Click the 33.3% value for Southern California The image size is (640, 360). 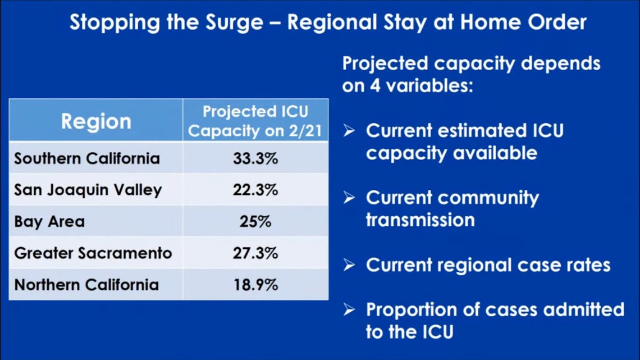pos(255,158)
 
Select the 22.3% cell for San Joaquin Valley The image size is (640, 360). pos(255,190)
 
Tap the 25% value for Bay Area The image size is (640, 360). pos(255,221)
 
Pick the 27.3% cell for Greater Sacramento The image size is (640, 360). pos(255,253)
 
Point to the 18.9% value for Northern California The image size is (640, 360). pos(255,285)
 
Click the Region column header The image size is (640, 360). pos(97,121)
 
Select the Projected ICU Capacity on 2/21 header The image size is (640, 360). pos(255,121)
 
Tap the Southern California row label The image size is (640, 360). pos(87,158)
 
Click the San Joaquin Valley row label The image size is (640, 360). pos(88,190)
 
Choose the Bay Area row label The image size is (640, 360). pos(49,221)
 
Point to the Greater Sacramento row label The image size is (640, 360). pos(93,253)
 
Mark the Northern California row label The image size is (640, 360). pos(86,285)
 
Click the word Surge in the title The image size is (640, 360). pos(234,23)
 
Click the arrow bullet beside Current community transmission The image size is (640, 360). pos(349,198)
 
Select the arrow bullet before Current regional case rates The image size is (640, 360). pos(349,265)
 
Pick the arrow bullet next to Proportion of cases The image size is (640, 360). pos(349,310)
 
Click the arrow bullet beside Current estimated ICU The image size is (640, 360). pos(349,131)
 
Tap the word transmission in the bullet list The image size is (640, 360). pos(420,220)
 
